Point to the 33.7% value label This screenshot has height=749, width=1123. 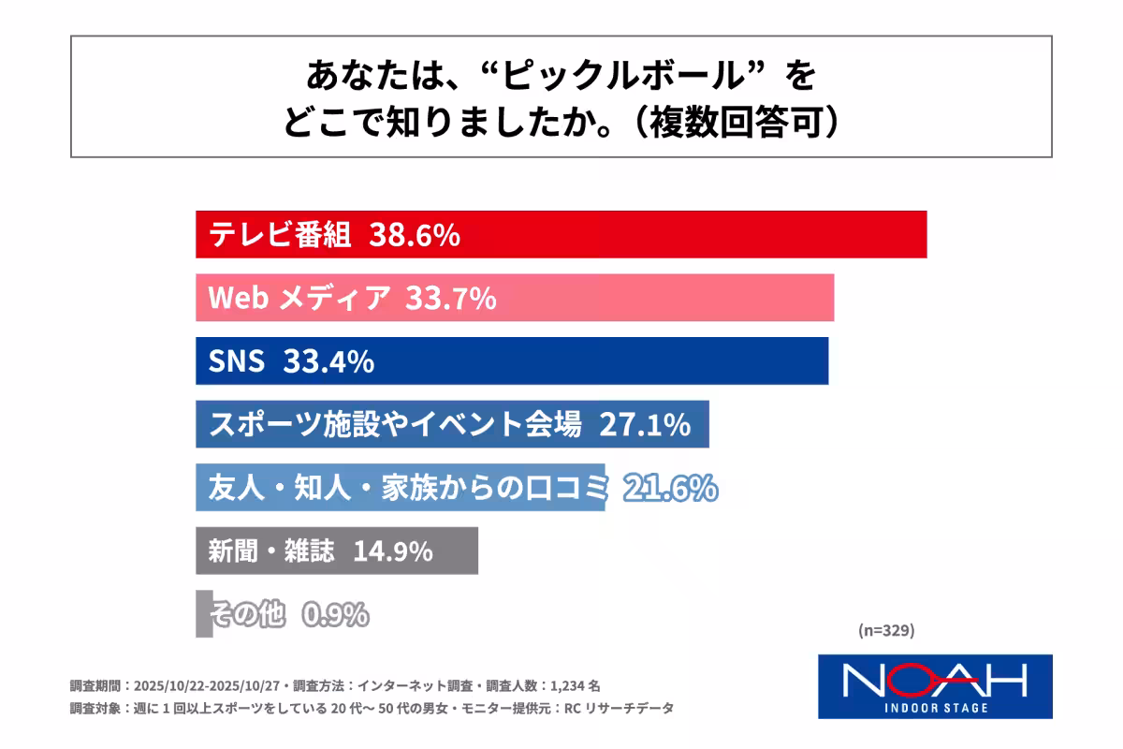point(450,299)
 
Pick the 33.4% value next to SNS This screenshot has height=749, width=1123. point(328,361)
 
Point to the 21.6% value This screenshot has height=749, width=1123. point(670,488)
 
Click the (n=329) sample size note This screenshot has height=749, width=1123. point(885,630)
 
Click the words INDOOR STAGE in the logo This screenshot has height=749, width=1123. point(935,707)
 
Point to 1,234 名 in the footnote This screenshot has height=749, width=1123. point(587,684)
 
